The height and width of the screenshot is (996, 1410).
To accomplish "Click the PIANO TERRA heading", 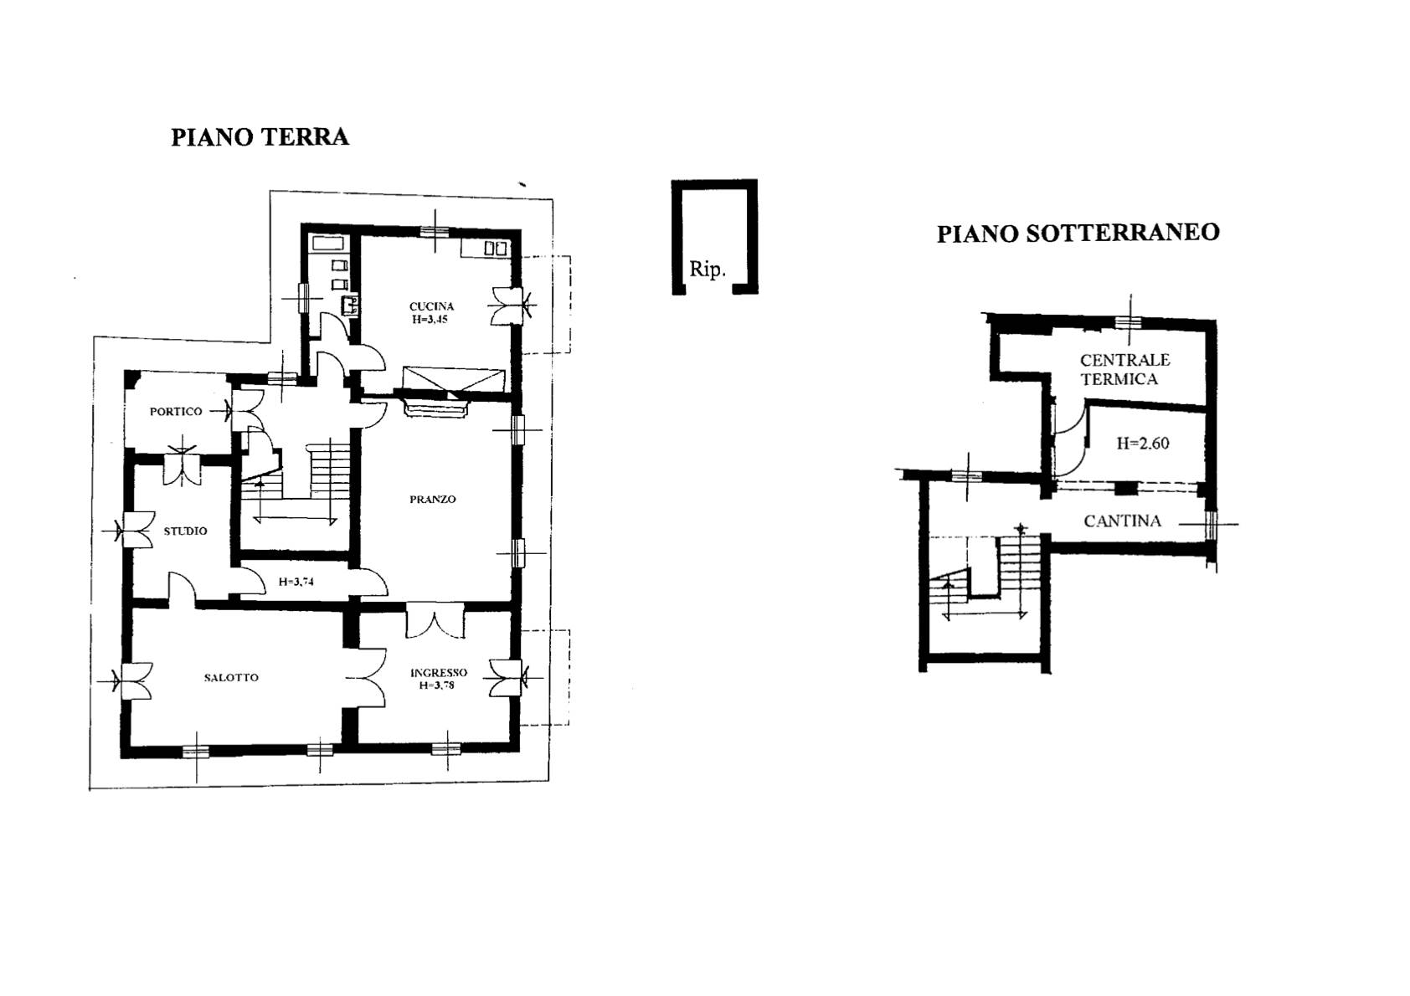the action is pyautogui.click(x=260, y=137).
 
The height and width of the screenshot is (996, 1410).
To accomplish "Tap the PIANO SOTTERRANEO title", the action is pyautogui.click(x=1078, y=233).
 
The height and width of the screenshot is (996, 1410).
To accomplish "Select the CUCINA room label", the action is pyautogui.click(x=432, y=306).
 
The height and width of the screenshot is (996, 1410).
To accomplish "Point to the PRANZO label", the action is pyautogui.click(x=432, y=500).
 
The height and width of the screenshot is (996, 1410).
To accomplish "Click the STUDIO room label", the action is pyautogui.click(x=186, y=531).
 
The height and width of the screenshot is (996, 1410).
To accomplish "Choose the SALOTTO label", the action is pyautogui.click(x=231, y=678).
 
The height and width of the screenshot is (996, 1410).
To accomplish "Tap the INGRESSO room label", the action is pyautogui.click(x=439, y=673).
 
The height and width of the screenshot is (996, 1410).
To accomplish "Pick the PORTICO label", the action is pyautogui.click(x=176, y=412).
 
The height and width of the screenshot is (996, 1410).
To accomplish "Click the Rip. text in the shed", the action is pyautogui.click(x=708, y=270).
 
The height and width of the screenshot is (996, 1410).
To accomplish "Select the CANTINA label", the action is pyautogui.click(x=1122, y=521).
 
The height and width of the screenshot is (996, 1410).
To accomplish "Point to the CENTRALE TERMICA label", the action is pyautogui.click(x=1124, y=369).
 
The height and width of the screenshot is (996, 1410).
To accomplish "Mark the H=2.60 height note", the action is pyautogui.click(x=1142, y=443).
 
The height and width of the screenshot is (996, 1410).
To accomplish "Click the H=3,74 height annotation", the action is pyautogui.click(x=296, y=582).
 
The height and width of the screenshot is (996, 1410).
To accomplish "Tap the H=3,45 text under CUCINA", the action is pyautogui.click(x=430, y=319).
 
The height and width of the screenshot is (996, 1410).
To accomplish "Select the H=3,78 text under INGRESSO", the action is pyautogui.click(x=437, y=685).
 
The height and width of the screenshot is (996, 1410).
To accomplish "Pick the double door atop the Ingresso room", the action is pyautogui.click(x=435, y=621).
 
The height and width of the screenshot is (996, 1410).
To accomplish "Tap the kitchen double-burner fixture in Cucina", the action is pyautogui.click(x=496, y=249).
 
